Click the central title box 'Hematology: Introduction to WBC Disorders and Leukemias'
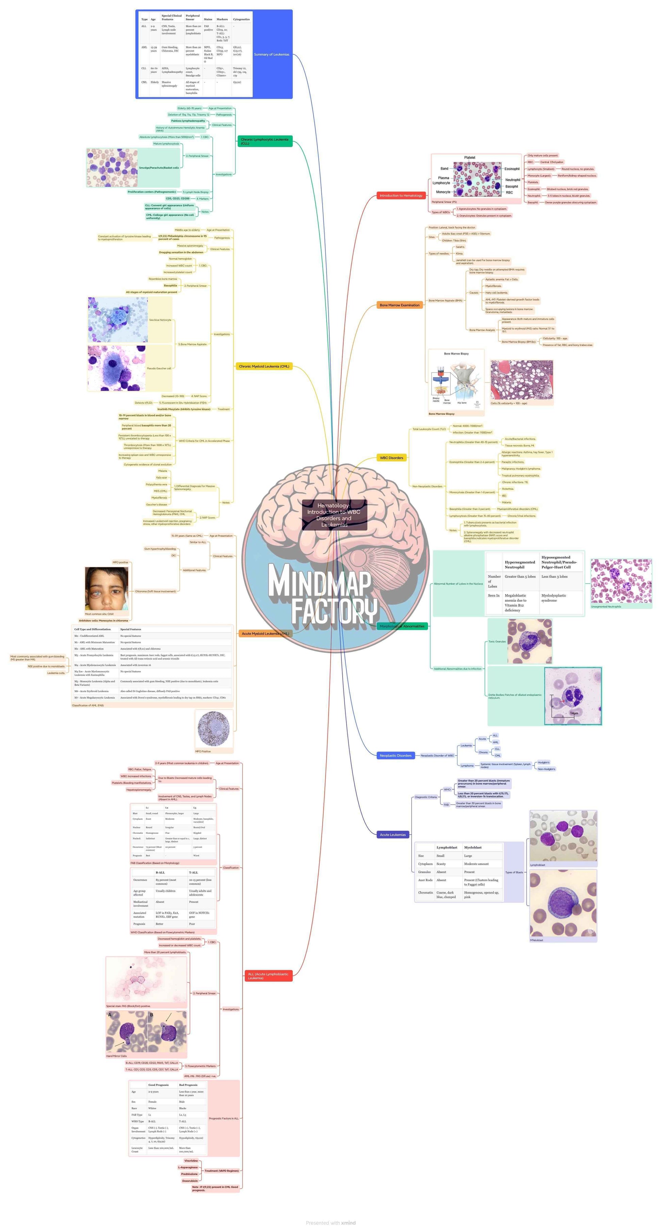pyautogui.click(x=334, y=515)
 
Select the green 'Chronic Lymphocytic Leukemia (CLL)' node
pyautogui.click(x=265, y=141)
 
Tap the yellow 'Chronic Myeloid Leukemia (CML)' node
pyautogui.click(x=264, y=367)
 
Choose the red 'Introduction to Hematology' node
pyautogui.click(x=401, y=196)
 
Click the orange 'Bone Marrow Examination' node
pyautogui.click(x=399, y=305)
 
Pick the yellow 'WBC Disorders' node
pyautogui.click(x=391, y=457)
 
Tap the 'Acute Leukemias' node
pyautogui.click(x=393, y=835)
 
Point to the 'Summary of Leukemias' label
pyautogui.click(x=271, y=55)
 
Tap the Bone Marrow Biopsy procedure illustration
pyautogui.click(x=456, y=380)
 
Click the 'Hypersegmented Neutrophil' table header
pyautogui.click(x=519, y=565)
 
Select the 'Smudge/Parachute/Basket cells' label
pyautogui.click(x=159, y=168)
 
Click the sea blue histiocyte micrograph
pyautogui.click(x=118, y=320)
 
